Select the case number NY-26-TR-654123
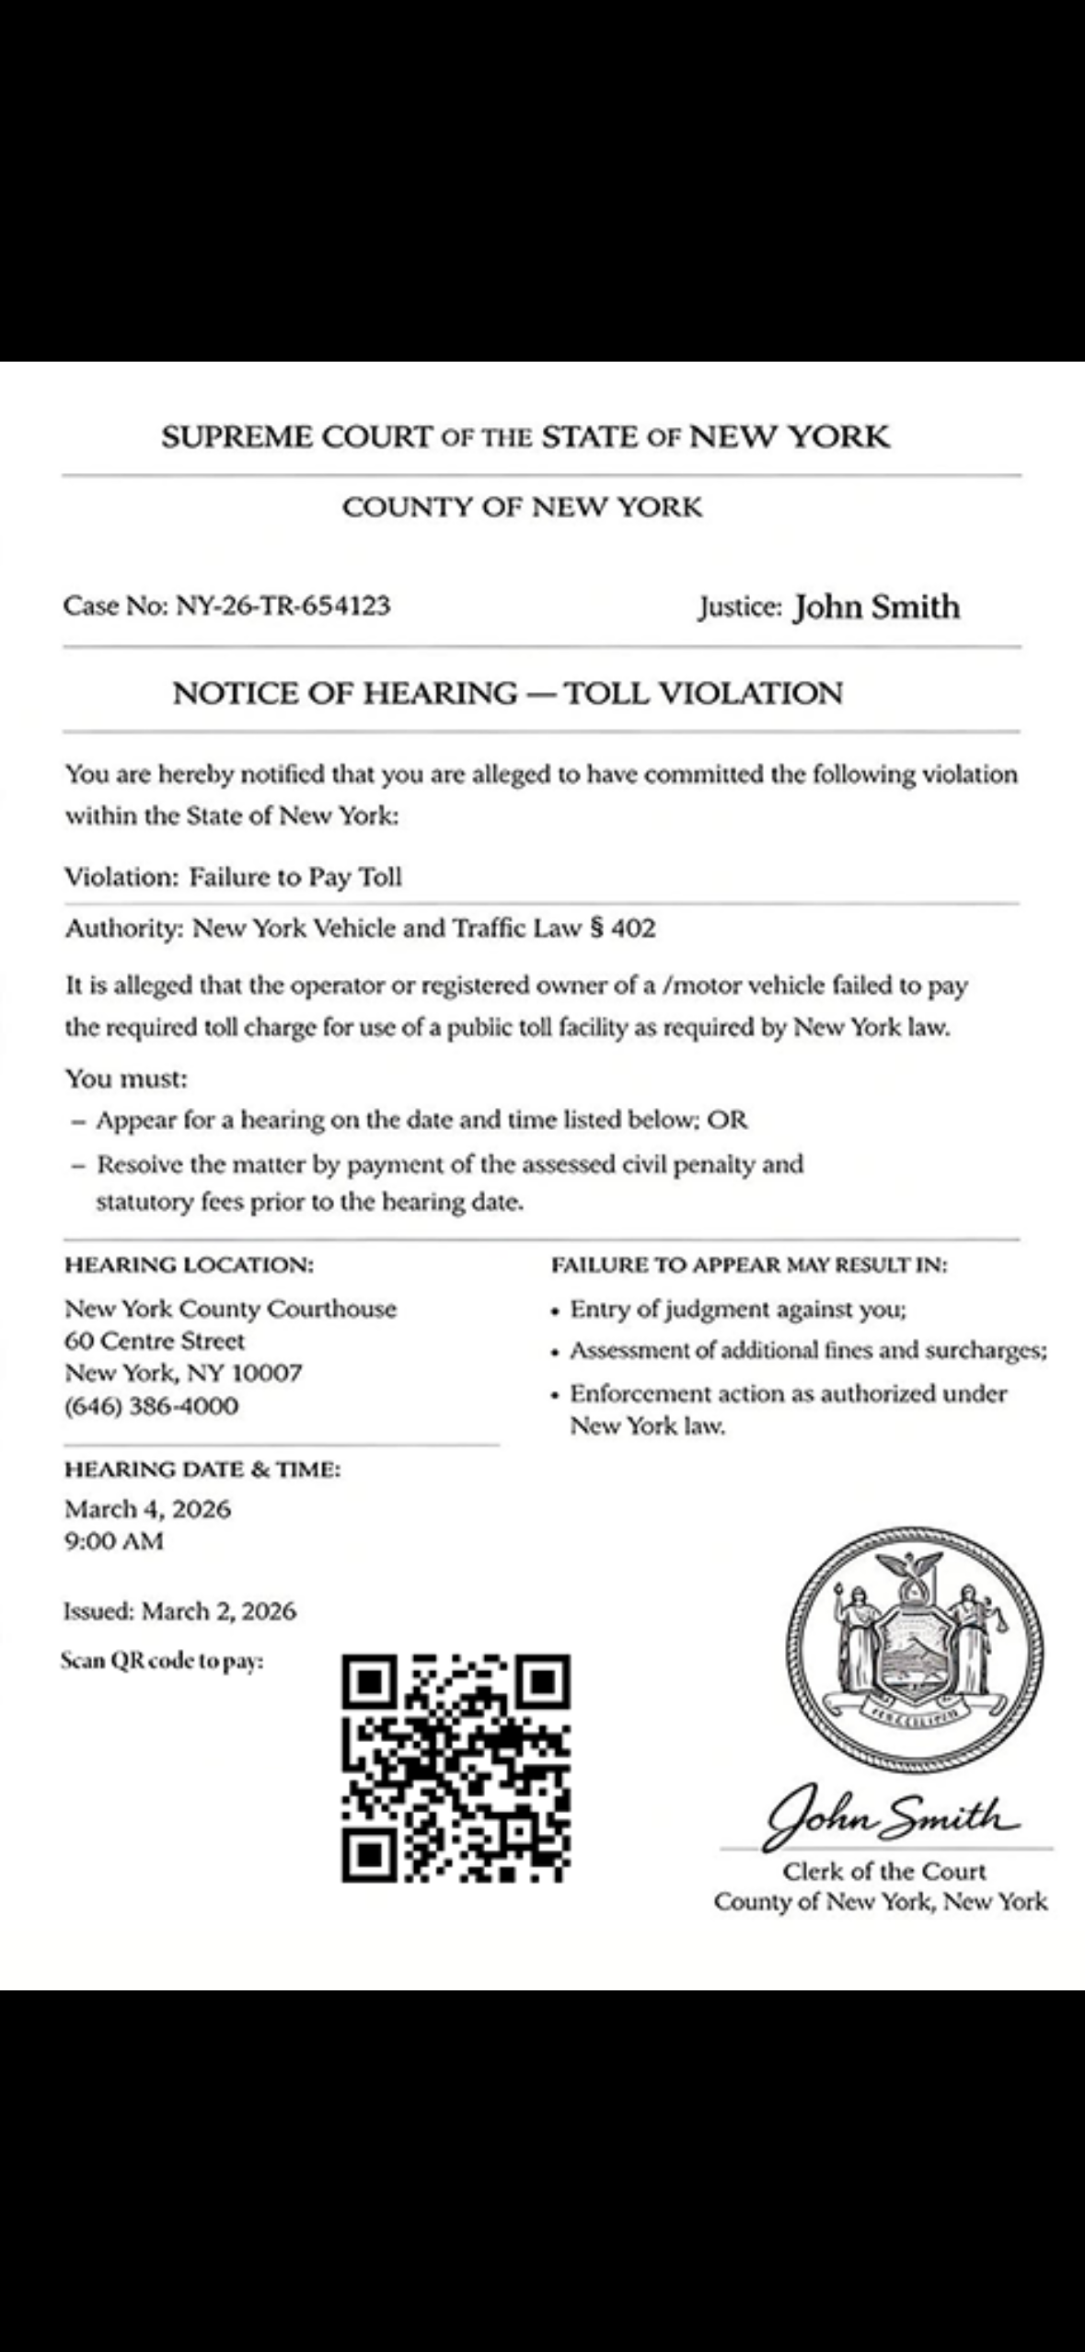(x=283, y=605)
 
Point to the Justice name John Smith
(x=876, y=606)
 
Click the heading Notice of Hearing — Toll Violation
(x=507, y=692)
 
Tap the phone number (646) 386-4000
(x=152, y=1405)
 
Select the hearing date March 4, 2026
(x=148, y=1508)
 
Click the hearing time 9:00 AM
(x=114, y=1540)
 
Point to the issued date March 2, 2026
(x=219, y=1610)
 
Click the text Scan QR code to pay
(x=162, y=1661)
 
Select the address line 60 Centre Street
(x=155, y=1341)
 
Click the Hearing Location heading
(x=189, y=1265)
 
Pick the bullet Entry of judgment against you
(x=738, y=1309)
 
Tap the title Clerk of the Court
(x=883, y=1871)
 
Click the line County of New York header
(x=522, y=507)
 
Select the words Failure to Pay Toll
(x=295, y=876)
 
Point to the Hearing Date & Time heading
(x=202, y=1469)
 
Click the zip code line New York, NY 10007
(x=183, y=1373)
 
